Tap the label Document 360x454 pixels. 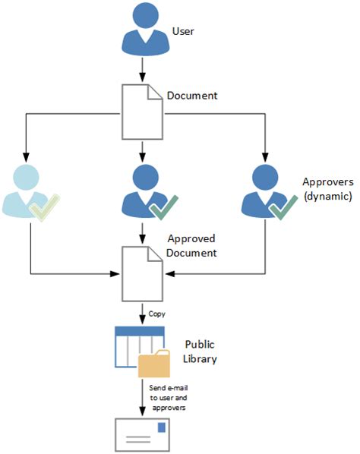coord(193,97)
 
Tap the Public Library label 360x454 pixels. coord(201,351)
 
